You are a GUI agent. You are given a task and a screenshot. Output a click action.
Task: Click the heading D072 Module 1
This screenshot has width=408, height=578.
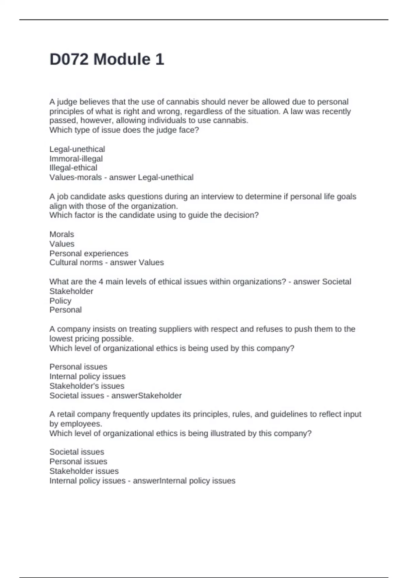coord(107,59)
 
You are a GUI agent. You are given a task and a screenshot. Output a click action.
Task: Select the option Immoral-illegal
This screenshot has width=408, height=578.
coord(76,159)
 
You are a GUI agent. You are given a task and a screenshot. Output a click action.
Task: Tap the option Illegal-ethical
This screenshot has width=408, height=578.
coord(73,168)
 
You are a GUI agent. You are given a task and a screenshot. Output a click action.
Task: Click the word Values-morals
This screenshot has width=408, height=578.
coord(75,177)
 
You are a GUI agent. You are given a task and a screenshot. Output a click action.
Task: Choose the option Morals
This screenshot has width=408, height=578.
coord(62,234)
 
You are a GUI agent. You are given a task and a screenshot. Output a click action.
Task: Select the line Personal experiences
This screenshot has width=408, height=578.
coord(89,253)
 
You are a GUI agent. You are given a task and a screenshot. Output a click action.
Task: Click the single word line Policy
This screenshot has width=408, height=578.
coord(60,301)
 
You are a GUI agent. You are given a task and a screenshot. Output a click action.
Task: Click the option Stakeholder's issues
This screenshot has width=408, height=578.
coord(87,386)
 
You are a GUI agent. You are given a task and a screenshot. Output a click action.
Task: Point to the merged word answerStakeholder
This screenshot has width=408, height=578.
coord(147,395)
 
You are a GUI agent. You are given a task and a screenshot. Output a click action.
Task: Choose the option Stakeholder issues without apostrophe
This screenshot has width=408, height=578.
coord(84,471)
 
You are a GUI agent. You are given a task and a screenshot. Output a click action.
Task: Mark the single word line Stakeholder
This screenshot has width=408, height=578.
coord(71,291)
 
